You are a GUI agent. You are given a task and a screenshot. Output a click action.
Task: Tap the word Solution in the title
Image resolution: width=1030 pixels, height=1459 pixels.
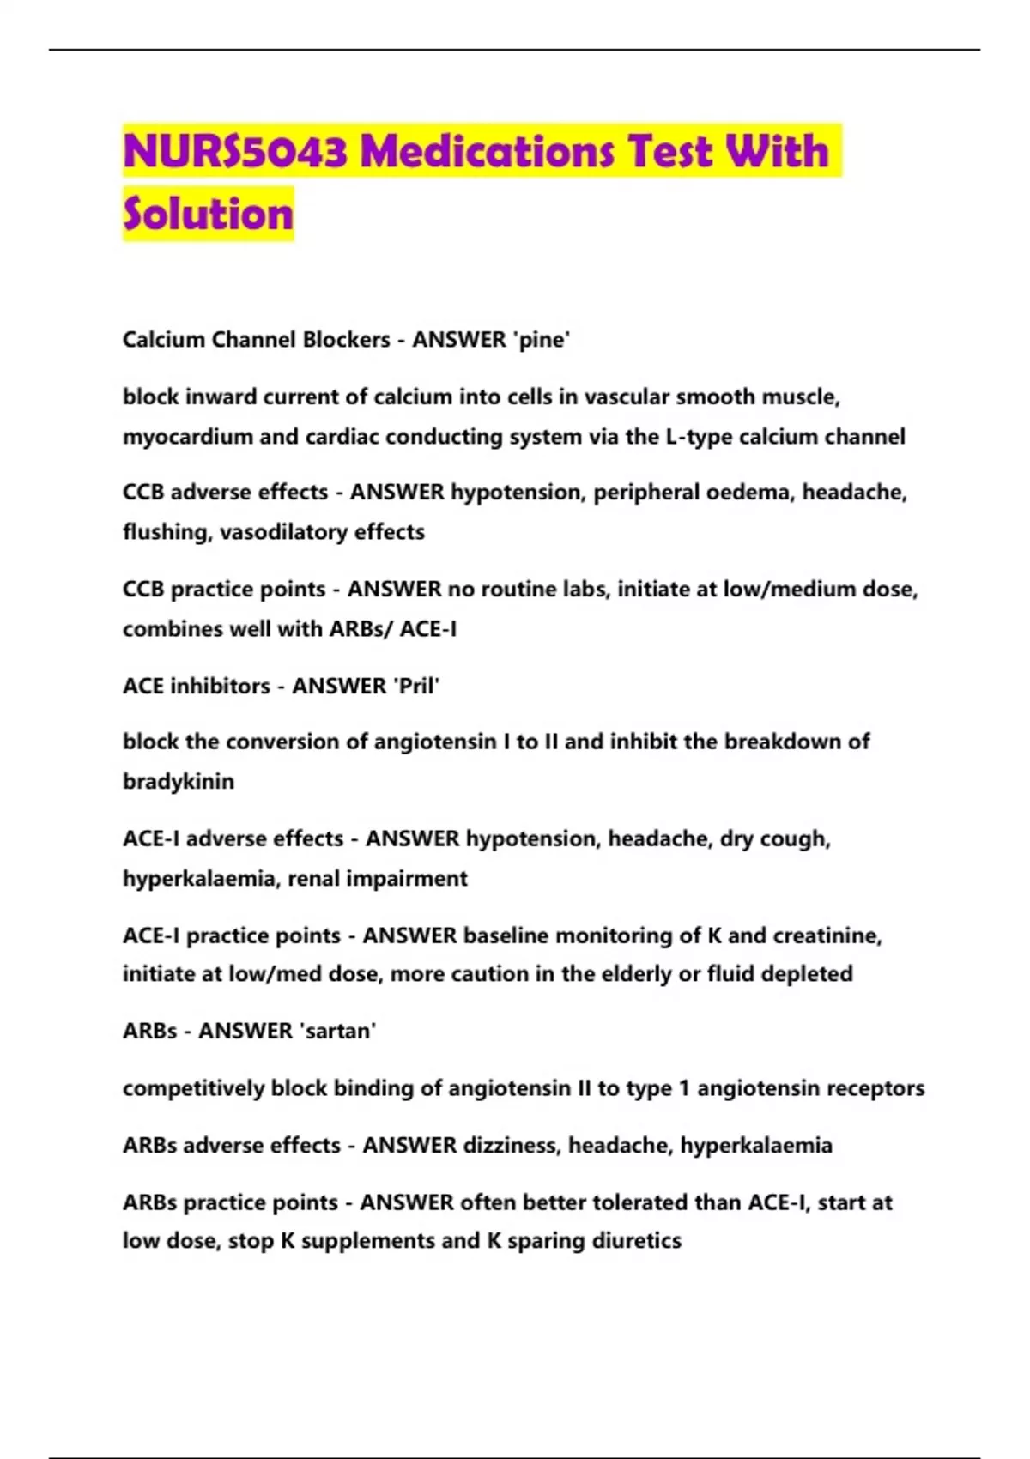point(208,214)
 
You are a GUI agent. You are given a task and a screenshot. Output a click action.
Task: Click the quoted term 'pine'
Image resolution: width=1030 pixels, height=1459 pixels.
point(541,340)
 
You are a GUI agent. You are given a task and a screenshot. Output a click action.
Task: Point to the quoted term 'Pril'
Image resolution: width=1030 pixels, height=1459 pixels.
point(415,686)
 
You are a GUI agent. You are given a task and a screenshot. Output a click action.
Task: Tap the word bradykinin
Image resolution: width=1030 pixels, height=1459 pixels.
point(179,782)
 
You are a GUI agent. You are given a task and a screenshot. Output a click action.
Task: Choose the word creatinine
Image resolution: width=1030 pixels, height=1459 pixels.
point(827,935)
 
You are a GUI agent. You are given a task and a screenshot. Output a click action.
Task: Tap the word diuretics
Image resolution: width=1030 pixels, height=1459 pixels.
point(638,1241)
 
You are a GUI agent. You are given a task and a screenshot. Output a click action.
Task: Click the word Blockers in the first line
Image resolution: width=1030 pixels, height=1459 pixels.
point(346,340)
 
